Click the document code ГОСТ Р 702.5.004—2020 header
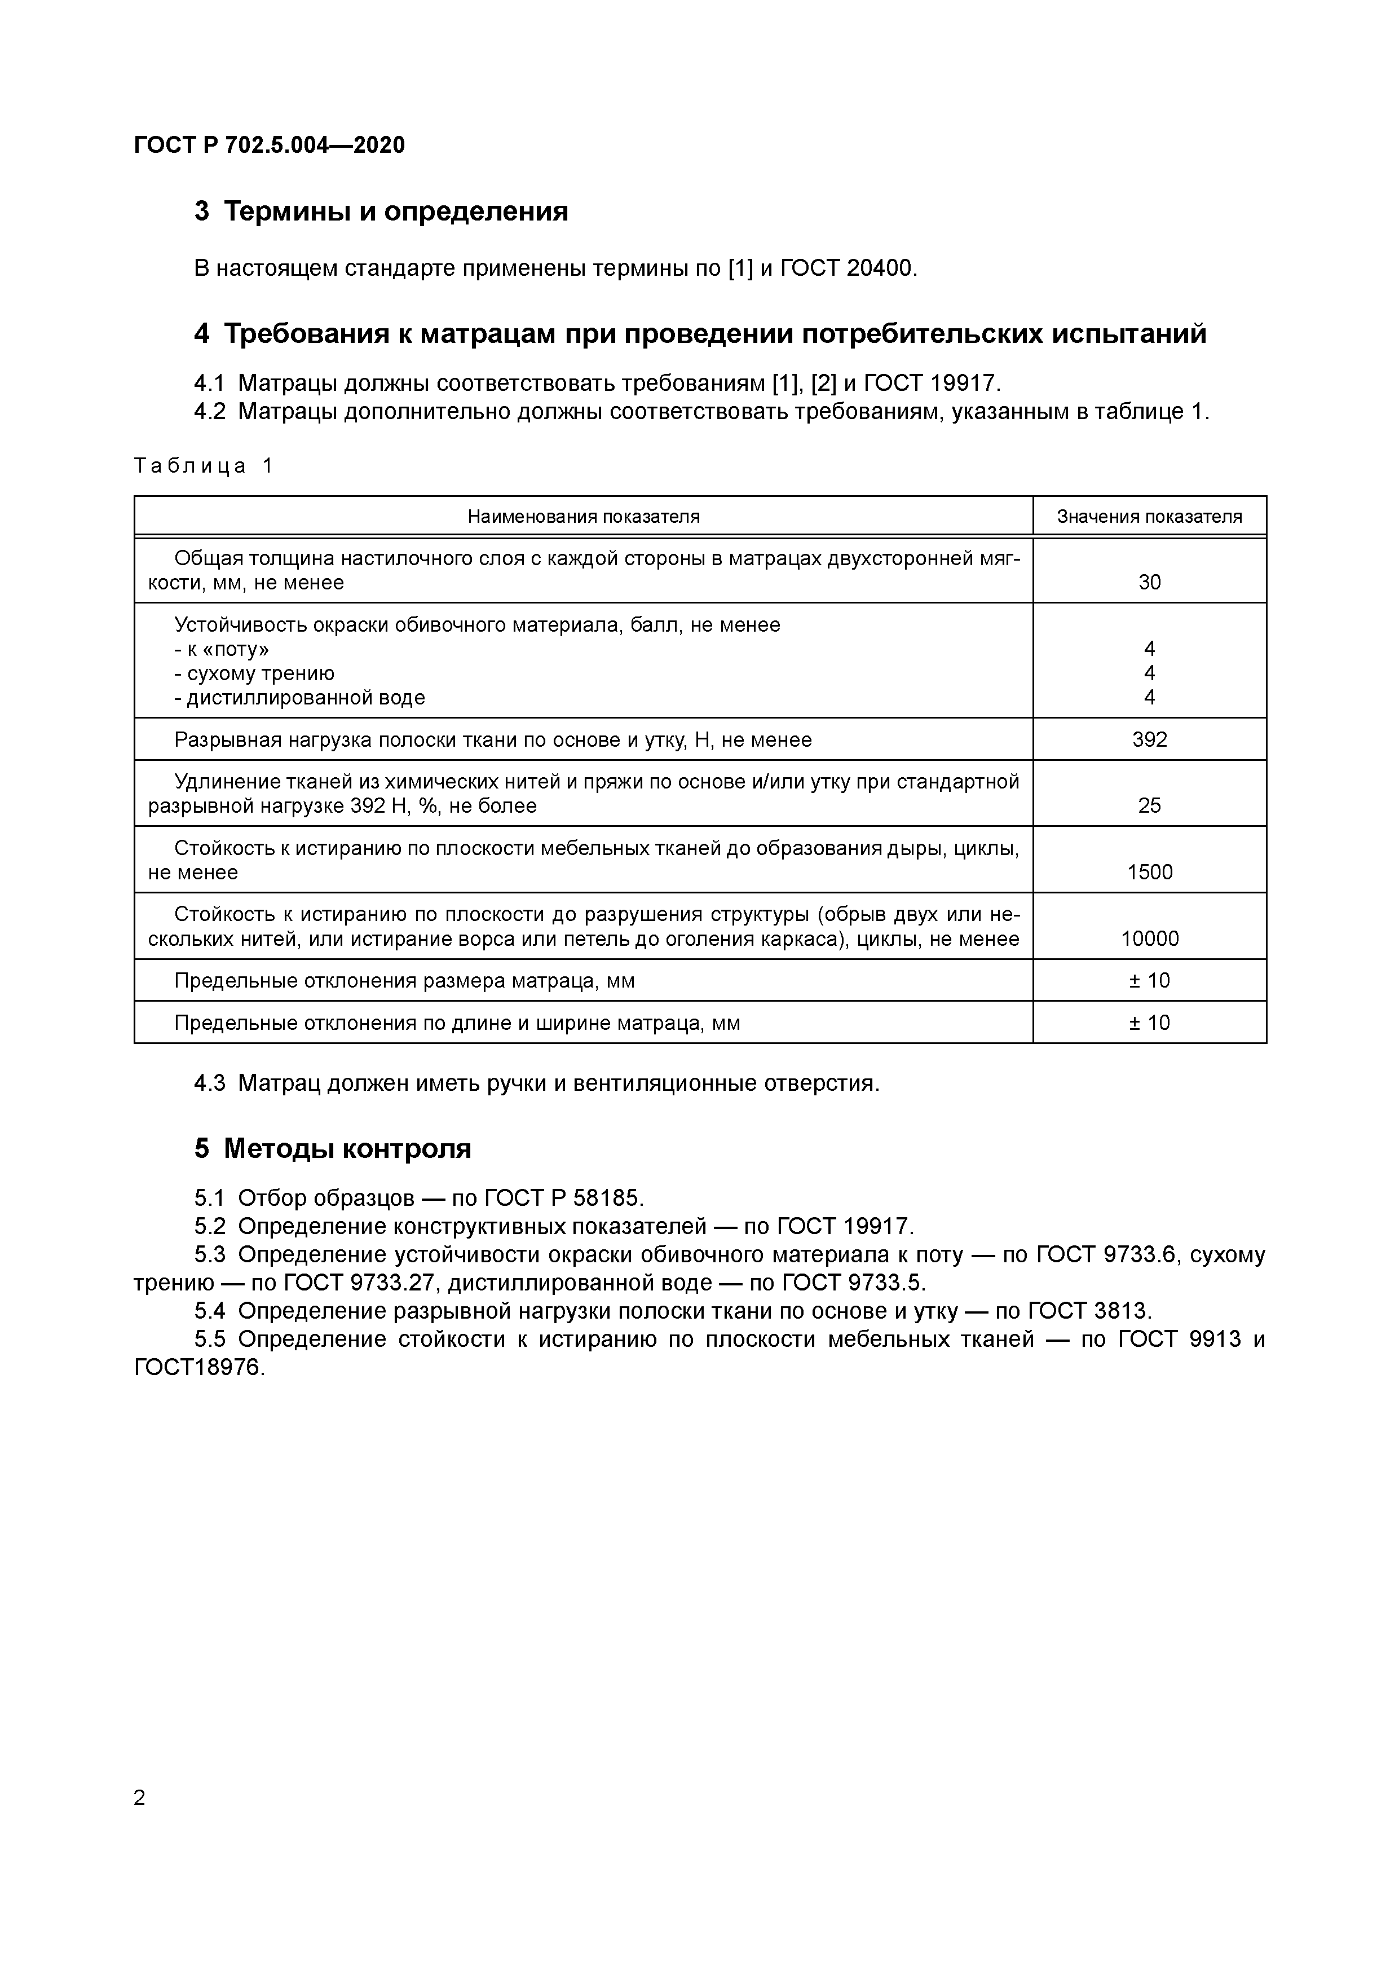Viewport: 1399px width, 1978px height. tap(269, 146)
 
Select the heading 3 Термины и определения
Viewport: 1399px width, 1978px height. tap(381, 211)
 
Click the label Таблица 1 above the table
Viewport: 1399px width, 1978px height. tap(204, 466)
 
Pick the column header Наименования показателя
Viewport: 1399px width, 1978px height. tap(583, 516)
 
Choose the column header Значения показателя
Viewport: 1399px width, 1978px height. tap(1149, 516)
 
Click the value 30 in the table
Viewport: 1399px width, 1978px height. tap(1149, 583)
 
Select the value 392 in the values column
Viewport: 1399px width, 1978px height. tap(1149, 739)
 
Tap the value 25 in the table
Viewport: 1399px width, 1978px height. tap(1149, 805)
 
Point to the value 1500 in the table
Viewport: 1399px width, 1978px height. tap(1149, 872)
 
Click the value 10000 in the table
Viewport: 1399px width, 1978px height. tap(1149, 938)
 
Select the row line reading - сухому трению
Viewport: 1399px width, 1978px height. tap(254, 673)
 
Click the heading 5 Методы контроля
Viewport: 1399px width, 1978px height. tap(333, 1148)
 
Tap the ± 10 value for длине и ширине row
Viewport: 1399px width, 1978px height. tap(1149, 1023)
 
